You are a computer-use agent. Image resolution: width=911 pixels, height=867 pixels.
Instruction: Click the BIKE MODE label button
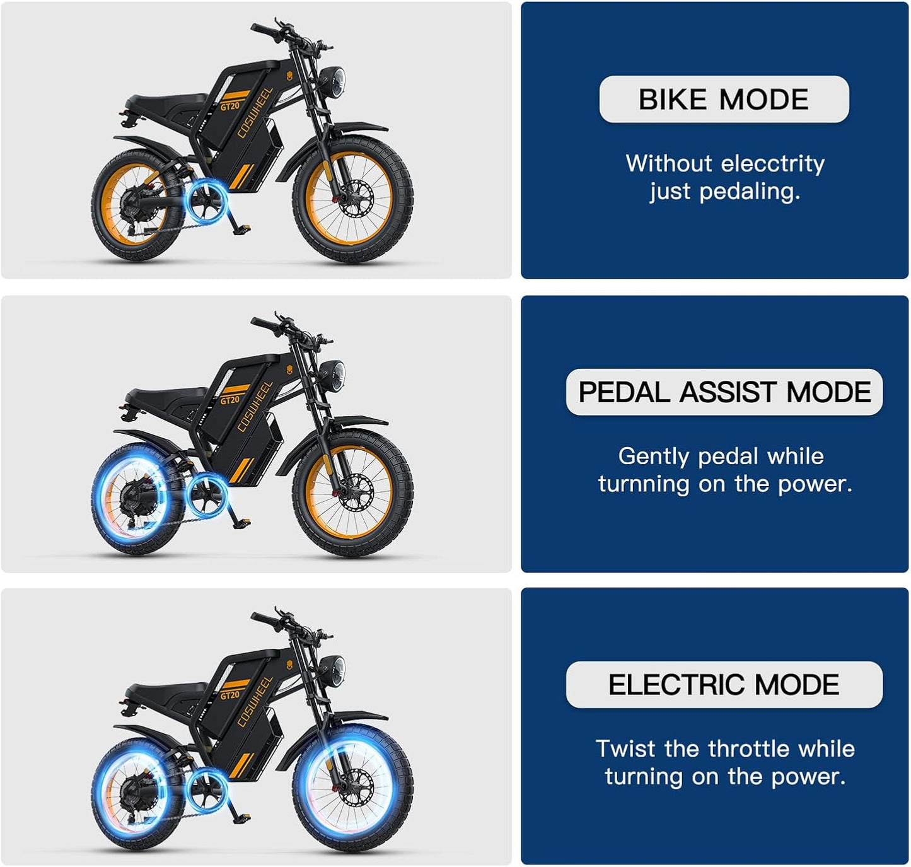pos(724,99)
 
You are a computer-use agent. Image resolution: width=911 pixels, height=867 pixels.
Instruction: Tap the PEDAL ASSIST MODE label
pos(724,392)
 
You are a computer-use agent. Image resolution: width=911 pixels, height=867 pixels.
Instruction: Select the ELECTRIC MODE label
pos(724,684)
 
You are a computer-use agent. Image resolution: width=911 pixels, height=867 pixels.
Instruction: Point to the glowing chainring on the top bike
pos(207,201)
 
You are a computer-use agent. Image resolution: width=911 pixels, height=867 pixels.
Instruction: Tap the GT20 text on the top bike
pos(230,106)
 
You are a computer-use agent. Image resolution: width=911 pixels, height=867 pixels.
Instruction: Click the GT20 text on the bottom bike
pos(230,695)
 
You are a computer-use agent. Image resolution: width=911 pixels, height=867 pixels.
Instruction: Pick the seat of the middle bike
pos(167,395)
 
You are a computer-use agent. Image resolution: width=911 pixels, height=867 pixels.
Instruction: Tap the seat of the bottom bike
pos(167,689)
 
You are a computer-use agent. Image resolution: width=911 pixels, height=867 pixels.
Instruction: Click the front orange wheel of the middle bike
pos(352,493)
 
